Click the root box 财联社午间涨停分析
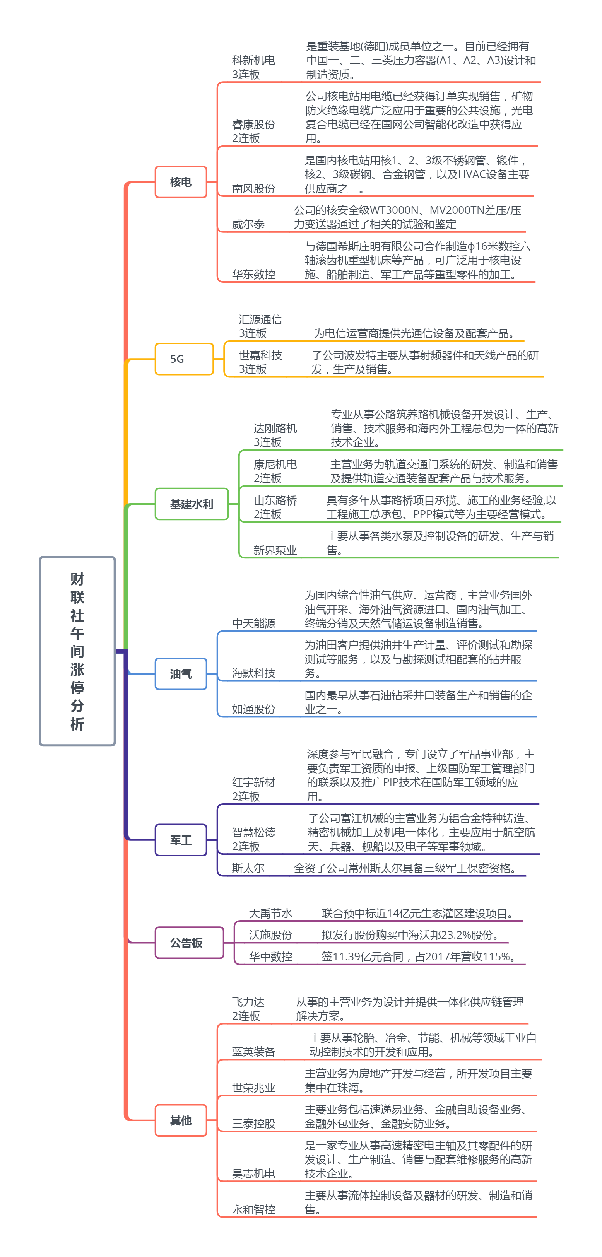[77, 651]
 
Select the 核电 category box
[181, 182]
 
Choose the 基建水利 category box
[192, 504]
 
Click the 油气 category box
[181, 674]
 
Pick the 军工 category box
[181, 840]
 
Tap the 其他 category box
[181, 1120]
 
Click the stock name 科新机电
[253, 60]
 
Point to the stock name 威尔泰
[248, 224]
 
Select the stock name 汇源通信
[260, 319]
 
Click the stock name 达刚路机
[275, 429]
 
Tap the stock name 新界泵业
[275, 550]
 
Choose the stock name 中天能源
[253, 623]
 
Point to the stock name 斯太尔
[248, 868]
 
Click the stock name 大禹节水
[270, 914]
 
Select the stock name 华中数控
[270, 956]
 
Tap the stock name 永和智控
[253, 1210]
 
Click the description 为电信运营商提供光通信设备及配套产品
[414, 333]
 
